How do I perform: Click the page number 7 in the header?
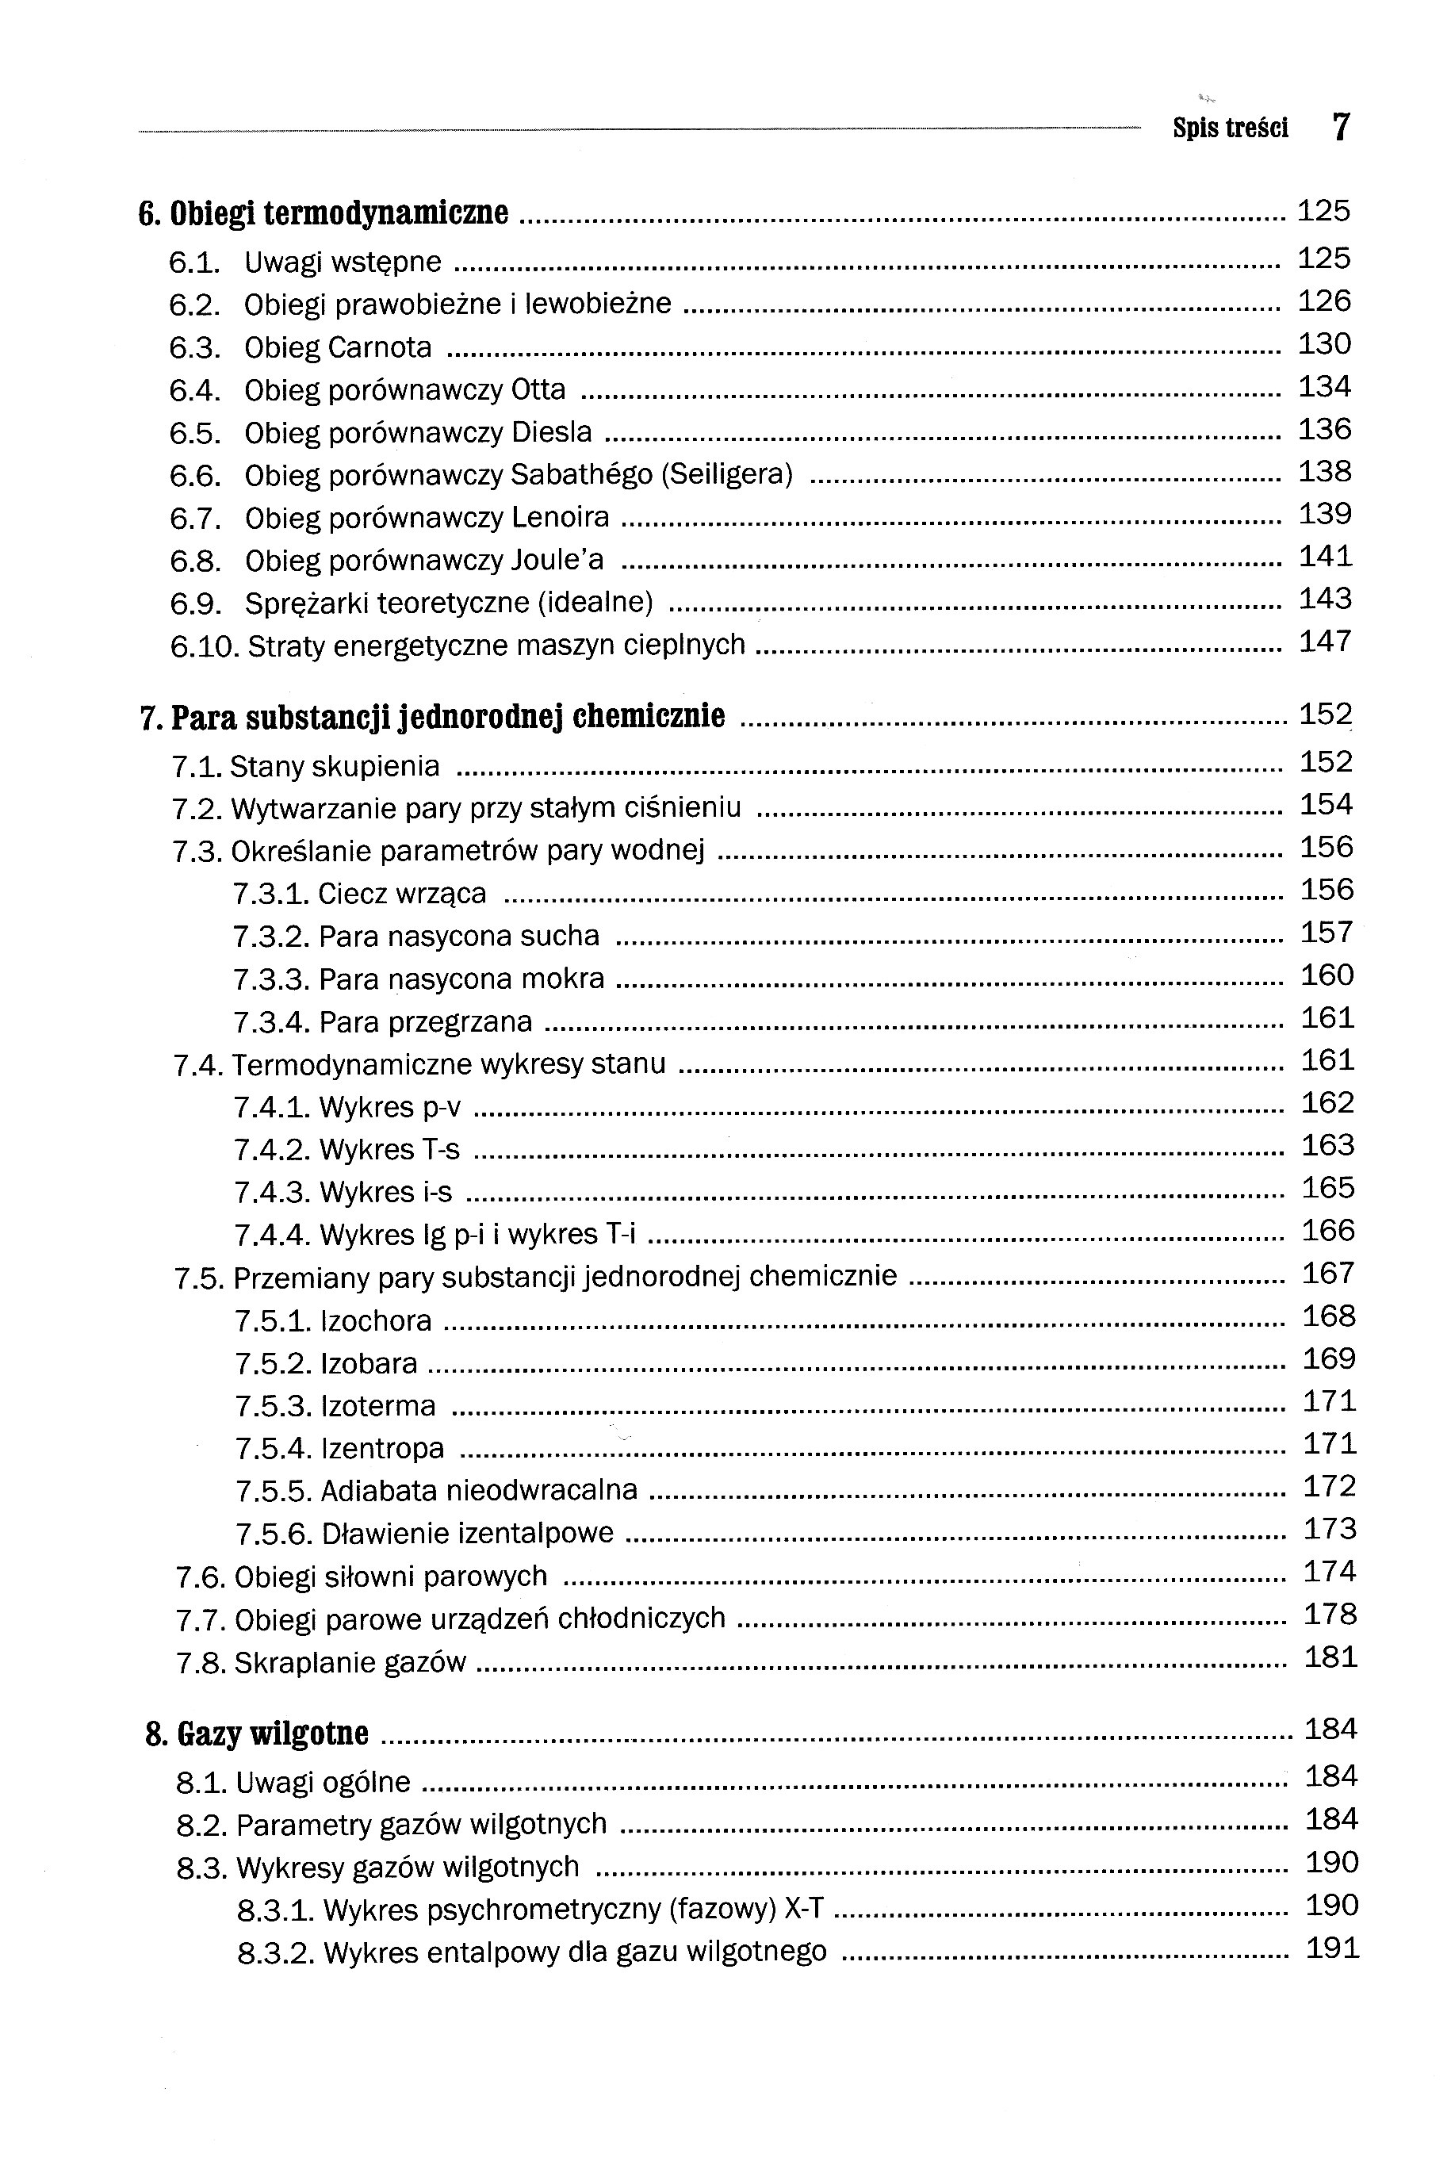[x=1341, y=126]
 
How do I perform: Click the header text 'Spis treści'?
[x=1230, y=128]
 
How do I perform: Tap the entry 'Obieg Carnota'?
[x=338, y=348]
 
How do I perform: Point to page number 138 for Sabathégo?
[x=1324, y=472]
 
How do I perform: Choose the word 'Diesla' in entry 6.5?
[x=552, y=433]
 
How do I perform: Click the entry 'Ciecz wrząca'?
[x=402, y=894]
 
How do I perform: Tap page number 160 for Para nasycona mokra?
[x=1327, y=975]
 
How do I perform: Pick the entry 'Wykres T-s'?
[x=389, y=1149]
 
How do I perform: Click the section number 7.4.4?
[x=272, y=1235]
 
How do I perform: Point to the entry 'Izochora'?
[x=376, y=1320]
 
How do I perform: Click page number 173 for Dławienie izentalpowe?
[x=1330, y=1529]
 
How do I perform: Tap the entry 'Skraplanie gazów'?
[x=350, y=1663]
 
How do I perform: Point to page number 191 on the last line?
[x=1331, y=1948]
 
